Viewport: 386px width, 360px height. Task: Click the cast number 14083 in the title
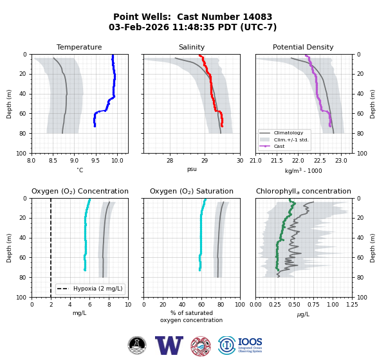pos(257,17)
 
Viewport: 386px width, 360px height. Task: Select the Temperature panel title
pos(79,47)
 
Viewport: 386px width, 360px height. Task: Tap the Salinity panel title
pos(192,47)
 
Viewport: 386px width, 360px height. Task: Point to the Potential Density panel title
pos(303,47)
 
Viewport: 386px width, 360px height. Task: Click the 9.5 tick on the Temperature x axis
pos(95,161)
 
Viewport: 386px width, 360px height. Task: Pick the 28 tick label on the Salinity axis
pos(170,161)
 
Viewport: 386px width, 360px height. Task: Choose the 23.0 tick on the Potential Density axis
pos(341,161)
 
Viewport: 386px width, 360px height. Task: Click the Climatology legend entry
pos(288,133)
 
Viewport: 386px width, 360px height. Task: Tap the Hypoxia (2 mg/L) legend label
pos(98,289)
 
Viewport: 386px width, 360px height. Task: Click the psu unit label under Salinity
pos(192,169)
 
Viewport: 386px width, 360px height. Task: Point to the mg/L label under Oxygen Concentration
pos(80,313)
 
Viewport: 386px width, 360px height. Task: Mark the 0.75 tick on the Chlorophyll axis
pos(313,305)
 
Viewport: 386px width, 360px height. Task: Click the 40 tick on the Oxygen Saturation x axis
pos(182,305)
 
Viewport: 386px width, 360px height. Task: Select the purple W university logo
pos(169,345)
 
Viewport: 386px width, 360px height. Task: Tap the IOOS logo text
pos(250,342)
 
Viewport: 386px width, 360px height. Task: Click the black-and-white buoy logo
pos(137,345)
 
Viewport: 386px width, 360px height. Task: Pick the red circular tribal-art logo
pos(201,346)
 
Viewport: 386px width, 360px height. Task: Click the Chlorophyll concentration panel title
pos(303,191)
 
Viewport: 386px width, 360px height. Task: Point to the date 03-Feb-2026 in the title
pos(139,27)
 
